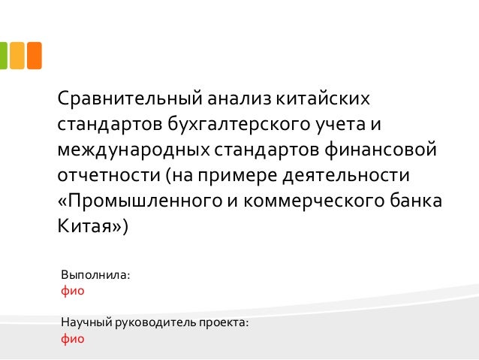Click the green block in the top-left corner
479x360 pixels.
[3, 55]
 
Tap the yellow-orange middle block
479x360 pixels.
[16, 55]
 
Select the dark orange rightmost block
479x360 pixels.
[34, 55]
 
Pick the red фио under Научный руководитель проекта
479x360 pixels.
[72, 338]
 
